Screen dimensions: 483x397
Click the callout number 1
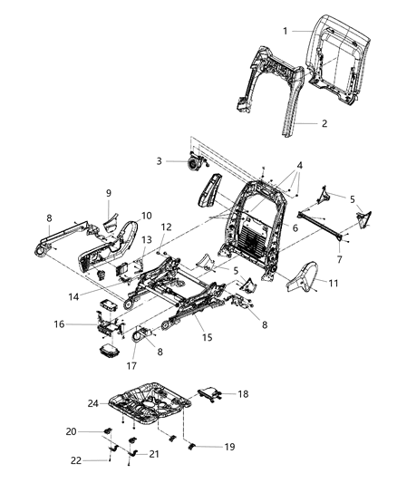click(x=285, y=32)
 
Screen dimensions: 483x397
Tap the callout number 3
click(x=159, y=161)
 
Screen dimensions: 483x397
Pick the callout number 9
click(x=108, y=193)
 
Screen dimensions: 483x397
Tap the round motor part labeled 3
click(x=193, y=163)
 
